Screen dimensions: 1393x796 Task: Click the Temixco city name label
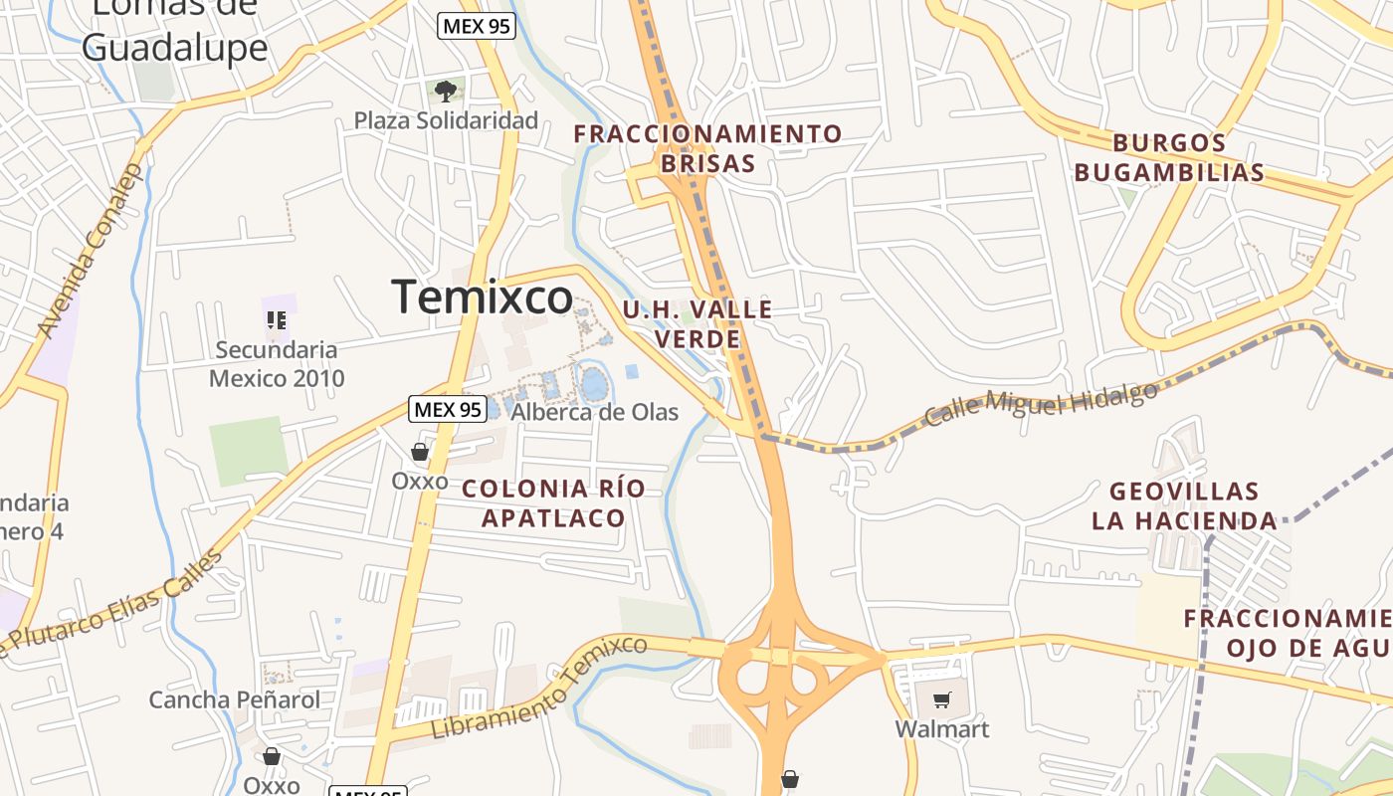pyautogui.click(x=482, y=298)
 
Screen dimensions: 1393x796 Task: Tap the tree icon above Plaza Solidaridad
pyautogui.click(x=446, y=92)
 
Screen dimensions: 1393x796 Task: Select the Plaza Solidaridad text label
pyautogui.click(x=446, y=120)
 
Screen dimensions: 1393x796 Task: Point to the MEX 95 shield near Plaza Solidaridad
pyautogui.click(x=477, y=26)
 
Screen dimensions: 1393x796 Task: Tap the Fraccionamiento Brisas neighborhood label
pyautogui.click(x=707, y=148)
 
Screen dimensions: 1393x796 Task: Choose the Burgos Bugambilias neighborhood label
pyautogui.click(x=1169, y=157)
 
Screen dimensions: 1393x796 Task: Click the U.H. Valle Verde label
pyautogui.click(x=697, y=323)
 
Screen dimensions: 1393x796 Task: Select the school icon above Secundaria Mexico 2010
pyautogui.click(x=277, y=319)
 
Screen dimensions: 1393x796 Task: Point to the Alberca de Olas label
pyautogui.click(x=594, y=412)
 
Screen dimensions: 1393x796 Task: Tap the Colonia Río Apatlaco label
pyautogui.click(x=553, y=502)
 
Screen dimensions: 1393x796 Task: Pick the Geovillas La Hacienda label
pyautogui.click(x=1184, y=505)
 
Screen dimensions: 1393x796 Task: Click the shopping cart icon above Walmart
pyautogui.click(x=941, y=699)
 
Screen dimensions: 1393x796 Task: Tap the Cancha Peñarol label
pyautogui.click(x=235, y=699)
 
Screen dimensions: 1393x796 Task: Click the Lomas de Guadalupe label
pyautogui.click(x=175, y=30)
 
